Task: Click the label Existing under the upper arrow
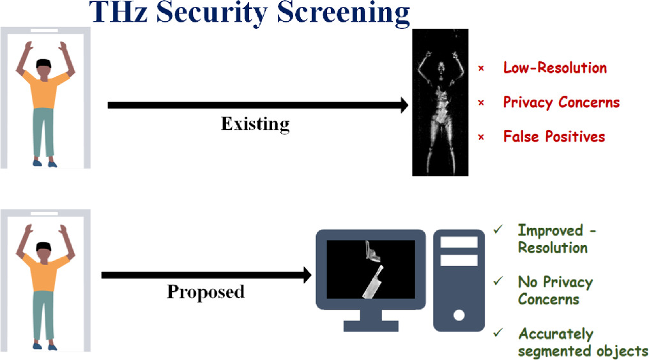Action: (x=255, y=123)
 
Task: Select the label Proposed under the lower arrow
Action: (x=206, y=292)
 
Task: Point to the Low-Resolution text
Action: (x=554, y=68)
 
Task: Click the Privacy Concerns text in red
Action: (x=561, y=102)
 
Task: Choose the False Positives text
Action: (x=553, y=136)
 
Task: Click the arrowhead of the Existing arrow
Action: (x=404, y=105)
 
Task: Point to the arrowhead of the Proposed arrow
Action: (x=307, y=275)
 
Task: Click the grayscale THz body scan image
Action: (x=441, y=102)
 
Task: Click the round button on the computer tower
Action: (x=457, y=315)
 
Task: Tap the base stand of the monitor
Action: (x=370, y=325)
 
